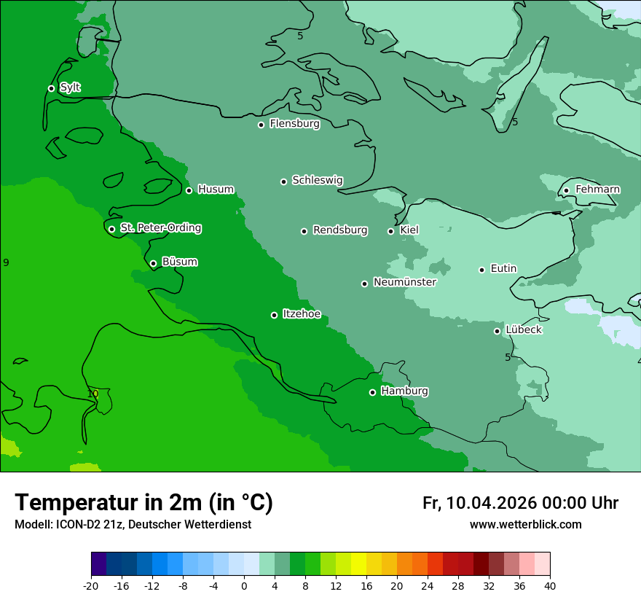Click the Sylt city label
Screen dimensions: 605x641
pyautogui.click(x=70, y=87)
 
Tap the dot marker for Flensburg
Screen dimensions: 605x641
pyautogui.click(x=261, y=125)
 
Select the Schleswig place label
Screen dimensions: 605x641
pyautogui.click(x=317, y=180)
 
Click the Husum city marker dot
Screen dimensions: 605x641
pyautogui.click(x=189, y=190)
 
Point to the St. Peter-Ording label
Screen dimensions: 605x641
pyautogui.click(x=160, y=227)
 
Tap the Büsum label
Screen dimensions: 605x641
pyautogui.click(x=179, y=262)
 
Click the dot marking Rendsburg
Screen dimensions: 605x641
pyautogui.click(x=304, y=231)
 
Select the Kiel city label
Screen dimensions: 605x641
pyautogui.click(x=409, y=230)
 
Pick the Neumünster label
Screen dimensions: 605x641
pyautogui.click(x=404, y=282)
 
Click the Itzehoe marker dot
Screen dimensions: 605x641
pyautogui.click(x=274, y=315)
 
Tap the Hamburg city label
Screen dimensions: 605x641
pyautogui.click(x=404, y=391)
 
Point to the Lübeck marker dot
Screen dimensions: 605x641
pyautogui.click(x=497, y=331)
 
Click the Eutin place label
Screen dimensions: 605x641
pyautogui.click(x=503, y=268)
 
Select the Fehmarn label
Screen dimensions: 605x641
pyautogui.click(x=597, y=190)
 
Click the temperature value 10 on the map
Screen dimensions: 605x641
pyautogui.click(x=93, y=394)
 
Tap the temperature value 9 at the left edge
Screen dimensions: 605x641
pyautogui.click(x=6, y=262)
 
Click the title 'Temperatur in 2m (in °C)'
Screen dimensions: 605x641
pyautogui.click(x=143, y=502)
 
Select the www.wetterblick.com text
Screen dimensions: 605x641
pyautogui.click(x=525, y=524)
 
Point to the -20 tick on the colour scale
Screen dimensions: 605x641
pyautogui.click(x=91, y=585)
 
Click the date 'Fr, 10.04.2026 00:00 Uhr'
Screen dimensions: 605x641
pyautogui.click(x=520, y=503)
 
